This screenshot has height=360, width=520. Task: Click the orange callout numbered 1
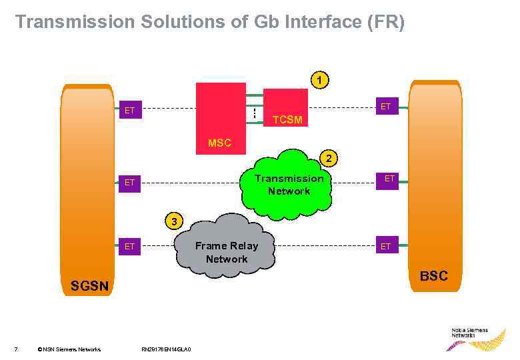point(321,80)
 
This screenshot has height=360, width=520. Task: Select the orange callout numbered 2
point(329,158)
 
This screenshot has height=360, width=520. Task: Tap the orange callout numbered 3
point(174,221)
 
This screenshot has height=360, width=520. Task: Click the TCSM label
point(288,120)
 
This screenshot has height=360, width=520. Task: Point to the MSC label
point(219,143)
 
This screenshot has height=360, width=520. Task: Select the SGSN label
point(89,286)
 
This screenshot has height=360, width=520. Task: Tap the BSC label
point(433,275)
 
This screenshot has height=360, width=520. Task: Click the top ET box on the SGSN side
point(129,110)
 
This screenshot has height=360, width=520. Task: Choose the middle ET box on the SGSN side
point(129,181)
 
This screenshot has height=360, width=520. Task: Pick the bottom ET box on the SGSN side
point(129,247)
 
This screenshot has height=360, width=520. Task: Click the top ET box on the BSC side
point(385,106)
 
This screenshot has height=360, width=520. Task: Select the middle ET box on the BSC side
point(389,179)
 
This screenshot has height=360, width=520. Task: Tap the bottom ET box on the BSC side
point(385,247)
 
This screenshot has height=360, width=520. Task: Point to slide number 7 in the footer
point(15,349)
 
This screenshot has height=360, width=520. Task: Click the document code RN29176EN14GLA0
point(167,349)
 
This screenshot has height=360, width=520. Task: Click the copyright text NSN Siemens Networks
point(69,349)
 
